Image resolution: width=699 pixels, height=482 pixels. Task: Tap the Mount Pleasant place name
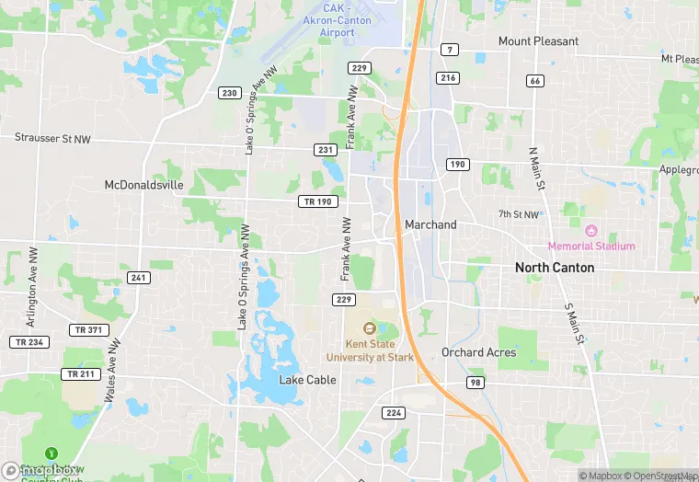pyautogui.click(x=538, y=41)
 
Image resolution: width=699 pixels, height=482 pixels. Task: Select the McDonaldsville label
pyautogui.click(x=144, y=185)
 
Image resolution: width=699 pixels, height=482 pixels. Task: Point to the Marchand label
pyautogui.click(x=430, y=224)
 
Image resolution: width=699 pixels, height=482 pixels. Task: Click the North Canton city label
pyautogui.click(x=555, y=268)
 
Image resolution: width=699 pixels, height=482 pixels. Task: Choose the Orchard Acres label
pyautogui.click(x=478, y=352)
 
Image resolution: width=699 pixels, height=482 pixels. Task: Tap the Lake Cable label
pyautogui.click(x=307, y=380)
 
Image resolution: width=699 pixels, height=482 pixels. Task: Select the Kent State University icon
pyautogui.click(x=370, y=328)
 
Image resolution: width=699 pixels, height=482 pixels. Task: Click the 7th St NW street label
pyautogui.click(x=518, y=214)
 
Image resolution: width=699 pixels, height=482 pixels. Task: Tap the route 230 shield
pyautogui.click(x=229, y=93)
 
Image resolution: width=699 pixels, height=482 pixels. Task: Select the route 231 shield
pyautogui.click(x=325, y=149)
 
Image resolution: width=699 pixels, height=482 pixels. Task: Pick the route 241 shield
pyautogui.click(x=139, y=278)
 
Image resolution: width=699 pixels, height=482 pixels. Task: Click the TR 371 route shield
pyautogui.click(x=88, y=329)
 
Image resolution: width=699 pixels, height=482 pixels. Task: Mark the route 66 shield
pyautogui.click(x=535, y=81)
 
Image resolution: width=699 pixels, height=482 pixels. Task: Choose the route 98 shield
pyautogui.click(x=475, y=383)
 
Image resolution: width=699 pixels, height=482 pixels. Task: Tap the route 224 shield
pyautogui.click(x=394, y=412)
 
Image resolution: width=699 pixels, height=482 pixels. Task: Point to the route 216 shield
pyautogui.click(x=448, y=78)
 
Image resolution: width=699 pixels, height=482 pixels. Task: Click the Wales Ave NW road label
pyautogui.click(x=113, y=371)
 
